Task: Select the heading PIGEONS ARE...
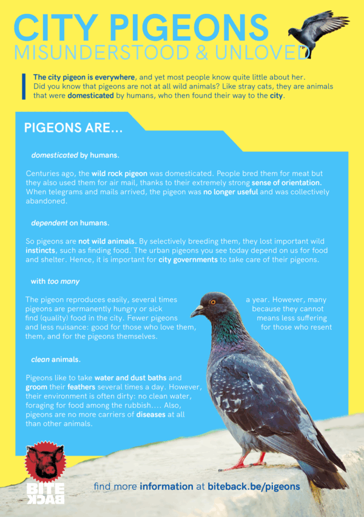click(73, 129)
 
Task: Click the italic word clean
click(40, 360)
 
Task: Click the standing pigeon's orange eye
click(213, 302)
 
